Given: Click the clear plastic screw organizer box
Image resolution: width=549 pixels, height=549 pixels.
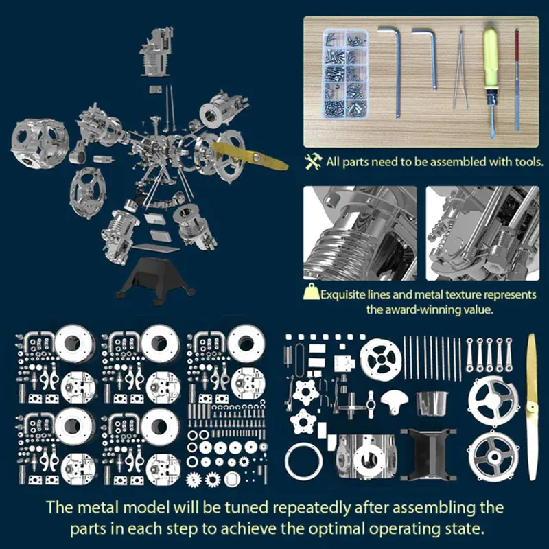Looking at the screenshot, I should (340, 72).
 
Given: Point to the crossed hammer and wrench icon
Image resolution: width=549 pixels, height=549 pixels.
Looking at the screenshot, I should (314, 162).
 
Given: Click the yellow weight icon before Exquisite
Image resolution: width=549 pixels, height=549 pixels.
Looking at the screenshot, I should (311, 294).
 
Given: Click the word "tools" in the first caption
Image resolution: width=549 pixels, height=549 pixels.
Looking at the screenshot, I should (528, 163).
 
